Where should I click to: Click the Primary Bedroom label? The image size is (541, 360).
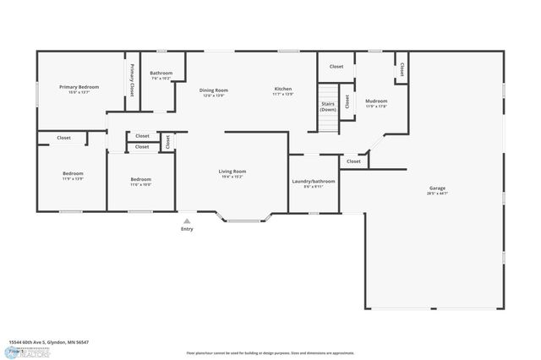click(x=79, y=87)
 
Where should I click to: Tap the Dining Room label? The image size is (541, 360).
click(x=213, y=90)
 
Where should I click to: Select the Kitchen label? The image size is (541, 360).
click(x=283, y=90)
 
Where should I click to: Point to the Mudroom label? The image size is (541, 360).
click(x=376, y=101)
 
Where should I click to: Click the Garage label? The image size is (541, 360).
click(x=437, y=188)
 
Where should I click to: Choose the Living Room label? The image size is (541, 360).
click(x=232, y=172)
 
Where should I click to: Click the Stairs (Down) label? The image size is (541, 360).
click(x=328, y=106)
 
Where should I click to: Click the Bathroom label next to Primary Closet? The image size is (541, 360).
click(x=161, y=74)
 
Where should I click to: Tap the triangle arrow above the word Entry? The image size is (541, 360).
click(x=187, y=221)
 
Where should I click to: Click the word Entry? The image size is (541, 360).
click(x=187, y=230)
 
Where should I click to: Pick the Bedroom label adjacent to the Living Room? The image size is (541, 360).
click(x=140, y=179)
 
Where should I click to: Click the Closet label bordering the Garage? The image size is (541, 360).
click(x=353, y=161)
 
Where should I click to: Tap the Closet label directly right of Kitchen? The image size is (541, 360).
click(x=336, y=66)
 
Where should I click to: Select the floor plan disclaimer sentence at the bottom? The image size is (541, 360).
click(x=270, y=352)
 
